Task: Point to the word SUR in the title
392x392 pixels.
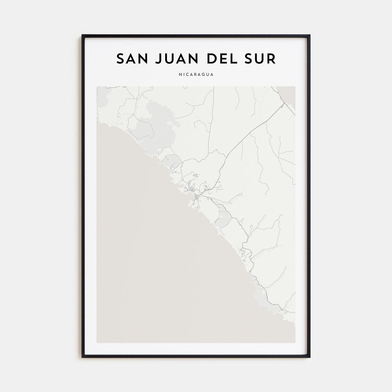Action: (x=262, y=59)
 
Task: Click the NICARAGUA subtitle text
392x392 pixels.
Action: (x=196, y=75)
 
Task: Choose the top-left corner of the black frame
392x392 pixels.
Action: (x=83, y=35)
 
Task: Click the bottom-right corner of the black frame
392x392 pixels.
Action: (x=309, y=357)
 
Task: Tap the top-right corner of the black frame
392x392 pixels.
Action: (x=309, y=35)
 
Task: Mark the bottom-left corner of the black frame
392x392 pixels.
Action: (x=83, y=357)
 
